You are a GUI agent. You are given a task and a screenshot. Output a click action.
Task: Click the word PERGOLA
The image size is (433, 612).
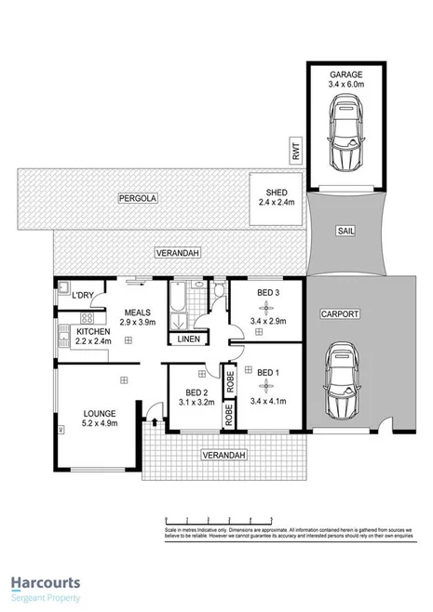[134, 198]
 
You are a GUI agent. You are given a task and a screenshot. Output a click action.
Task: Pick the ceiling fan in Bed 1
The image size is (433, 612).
[267, 385]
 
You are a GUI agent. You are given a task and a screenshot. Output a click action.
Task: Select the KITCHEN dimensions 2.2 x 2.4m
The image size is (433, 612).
[93, 341]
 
